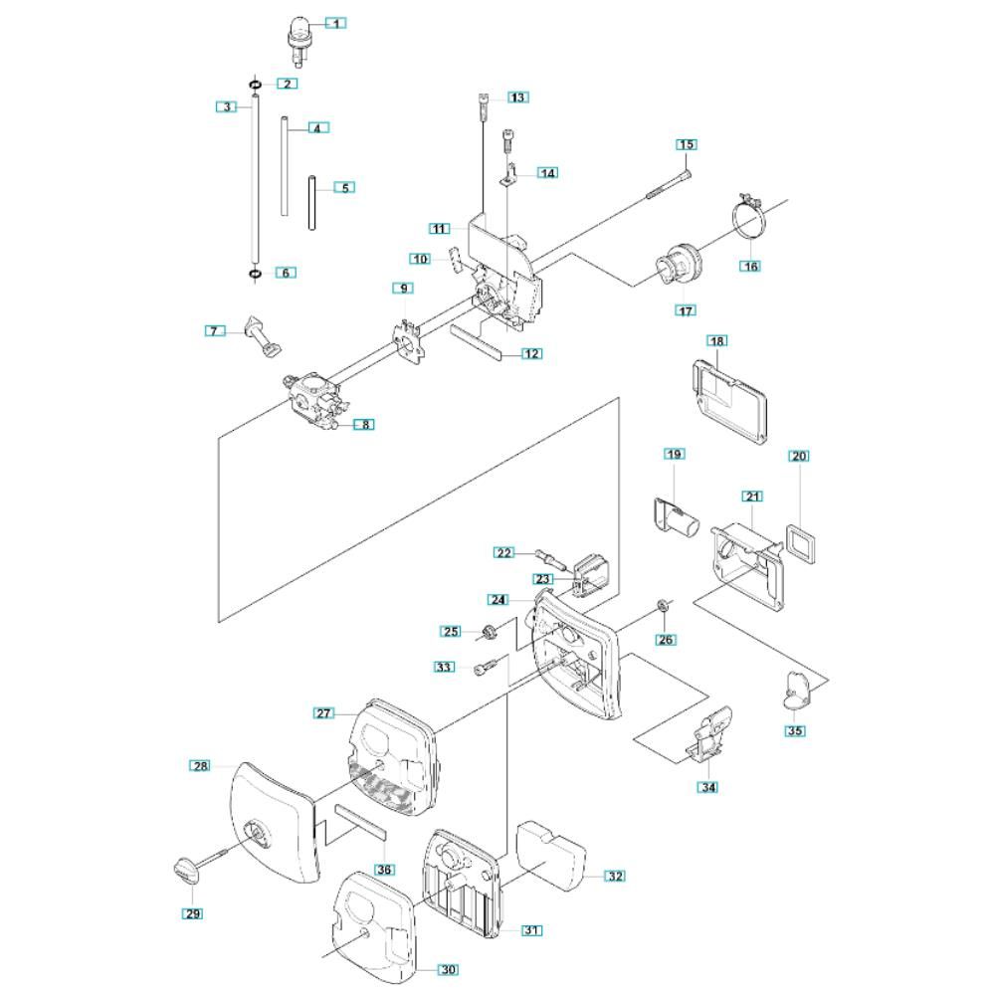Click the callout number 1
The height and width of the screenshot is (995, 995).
click(x=336, y=24)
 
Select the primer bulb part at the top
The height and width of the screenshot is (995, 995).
click(x=298, y=41)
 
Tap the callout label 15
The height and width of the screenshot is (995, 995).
click(x=687, y=144)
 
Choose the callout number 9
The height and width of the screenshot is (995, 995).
click(x=404, y=289)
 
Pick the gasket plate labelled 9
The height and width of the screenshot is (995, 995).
click(x=407, y=341)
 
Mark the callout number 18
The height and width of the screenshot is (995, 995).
click(x=717, y=340)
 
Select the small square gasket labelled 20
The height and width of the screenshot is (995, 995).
click(x=801, y=544)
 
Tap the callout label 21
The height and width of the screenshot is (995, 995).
click(x=752, y=497)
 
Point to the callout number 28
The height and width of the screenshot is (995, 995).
click(x=201, y=766)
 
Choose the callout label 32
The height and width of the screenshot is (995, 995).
click(x=616, y=876)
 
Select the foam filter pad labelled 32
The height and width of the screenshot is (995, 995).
click(x=550, y=857)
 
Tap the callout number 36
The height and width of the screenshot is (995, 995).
click(x=384, y=870)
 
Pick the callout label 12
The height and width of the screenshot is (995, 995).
click(x=531, y=353)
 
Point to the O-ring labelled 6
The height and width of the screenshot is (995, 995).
click(x=255, y=275)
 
